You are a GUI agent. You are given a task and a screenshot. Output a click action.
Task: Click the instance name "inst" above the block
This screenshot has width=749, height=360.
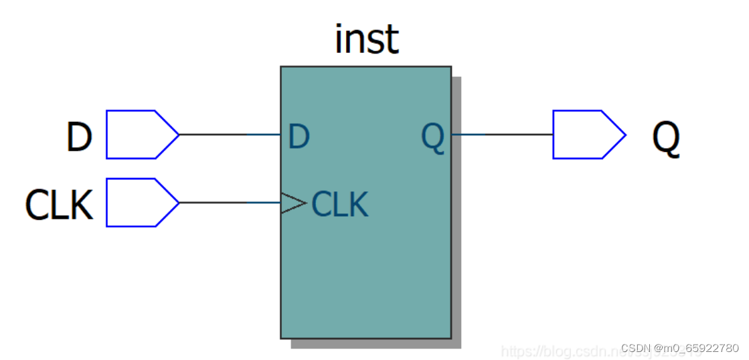[366, 40]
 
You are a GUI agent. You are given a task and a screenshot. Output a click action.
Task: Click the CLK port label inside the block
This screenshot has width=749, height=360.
[340, 204]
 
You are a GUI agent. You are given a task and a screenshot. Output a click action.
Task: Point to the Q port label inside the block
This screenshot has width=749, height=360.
[433, 138]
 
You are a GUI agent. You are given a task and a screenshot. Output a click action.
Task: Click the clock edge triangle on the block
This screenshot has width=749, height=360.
[293, 203]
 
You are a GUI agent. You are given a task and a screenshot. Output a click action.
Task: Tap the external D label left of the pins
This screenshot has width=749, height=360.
[78, 137]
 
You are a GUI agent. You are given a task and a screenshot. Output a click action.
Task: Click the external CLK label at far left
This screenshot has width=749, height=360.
[59, 205]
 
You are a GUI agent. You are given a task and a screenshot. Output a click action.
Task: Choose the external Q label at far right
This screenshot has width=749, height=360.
[665, 139]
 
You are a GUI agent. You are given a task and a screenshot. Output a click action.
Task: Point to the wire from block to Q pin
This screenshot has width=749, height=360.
[502, 134]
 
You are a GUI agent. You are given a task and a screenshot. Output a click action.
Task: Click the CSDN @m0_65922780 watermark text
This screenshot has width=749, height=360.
[679, 349]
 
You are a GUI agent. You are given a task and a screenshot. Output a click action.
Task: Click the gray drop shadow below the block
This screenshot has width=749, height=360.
[375, 343]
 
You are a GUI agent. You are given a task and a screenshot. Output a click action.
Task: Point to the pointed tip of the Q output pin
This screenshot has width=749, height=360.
[625, 134]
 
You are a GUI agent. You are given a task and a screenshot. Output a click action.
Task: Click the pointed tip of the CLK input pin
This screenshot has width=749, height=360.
[178, 203]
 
